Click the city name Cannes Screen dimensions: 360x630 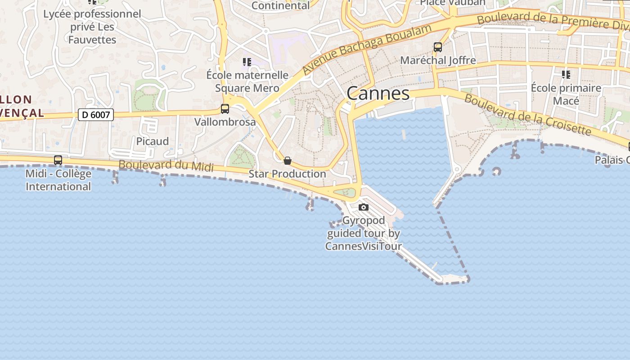(x=378, y=94)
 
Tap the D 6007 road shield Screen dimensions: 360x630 (x=96, y=115)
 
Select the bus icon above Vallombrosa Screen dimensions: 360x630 (x=225, y=108)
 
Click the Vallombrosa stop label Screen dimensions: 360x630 (x=225, y=122)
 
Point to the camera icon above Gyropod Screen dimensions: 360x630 (x=364, y=207)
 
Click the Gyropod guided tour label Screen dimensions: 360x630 (x=364, y=233)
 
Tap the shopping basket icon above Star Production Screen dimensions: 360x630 (x=288, y=161)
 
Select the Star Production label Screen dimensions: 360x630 (x=288, y=174)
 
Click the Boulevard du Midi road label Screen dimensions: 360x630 (x=166, y=165)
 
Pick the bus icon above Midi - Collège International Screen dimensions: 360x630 (x=58, y=160)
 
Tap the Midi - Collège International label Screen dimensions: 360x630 (x=58, y=180)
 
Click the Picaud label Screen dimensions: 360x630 (x=153, y=141)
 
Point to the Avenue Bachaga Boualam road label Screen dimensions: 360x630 (x=367, y=49)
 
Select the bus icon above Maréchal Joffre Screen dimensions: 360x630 (x=438, y=47)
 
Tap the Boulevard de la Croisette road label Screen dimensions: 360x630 (x=527, y=114)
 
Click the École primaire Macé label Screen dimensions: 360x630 (x=566, y=94)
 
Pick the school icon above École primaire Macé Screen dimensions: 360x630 (x=566, y=74)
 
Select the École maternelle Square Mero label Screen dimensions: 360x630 (x=247, y=81)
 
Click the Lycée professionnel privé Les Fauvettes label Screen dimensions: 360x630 (x=92, y=27)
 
